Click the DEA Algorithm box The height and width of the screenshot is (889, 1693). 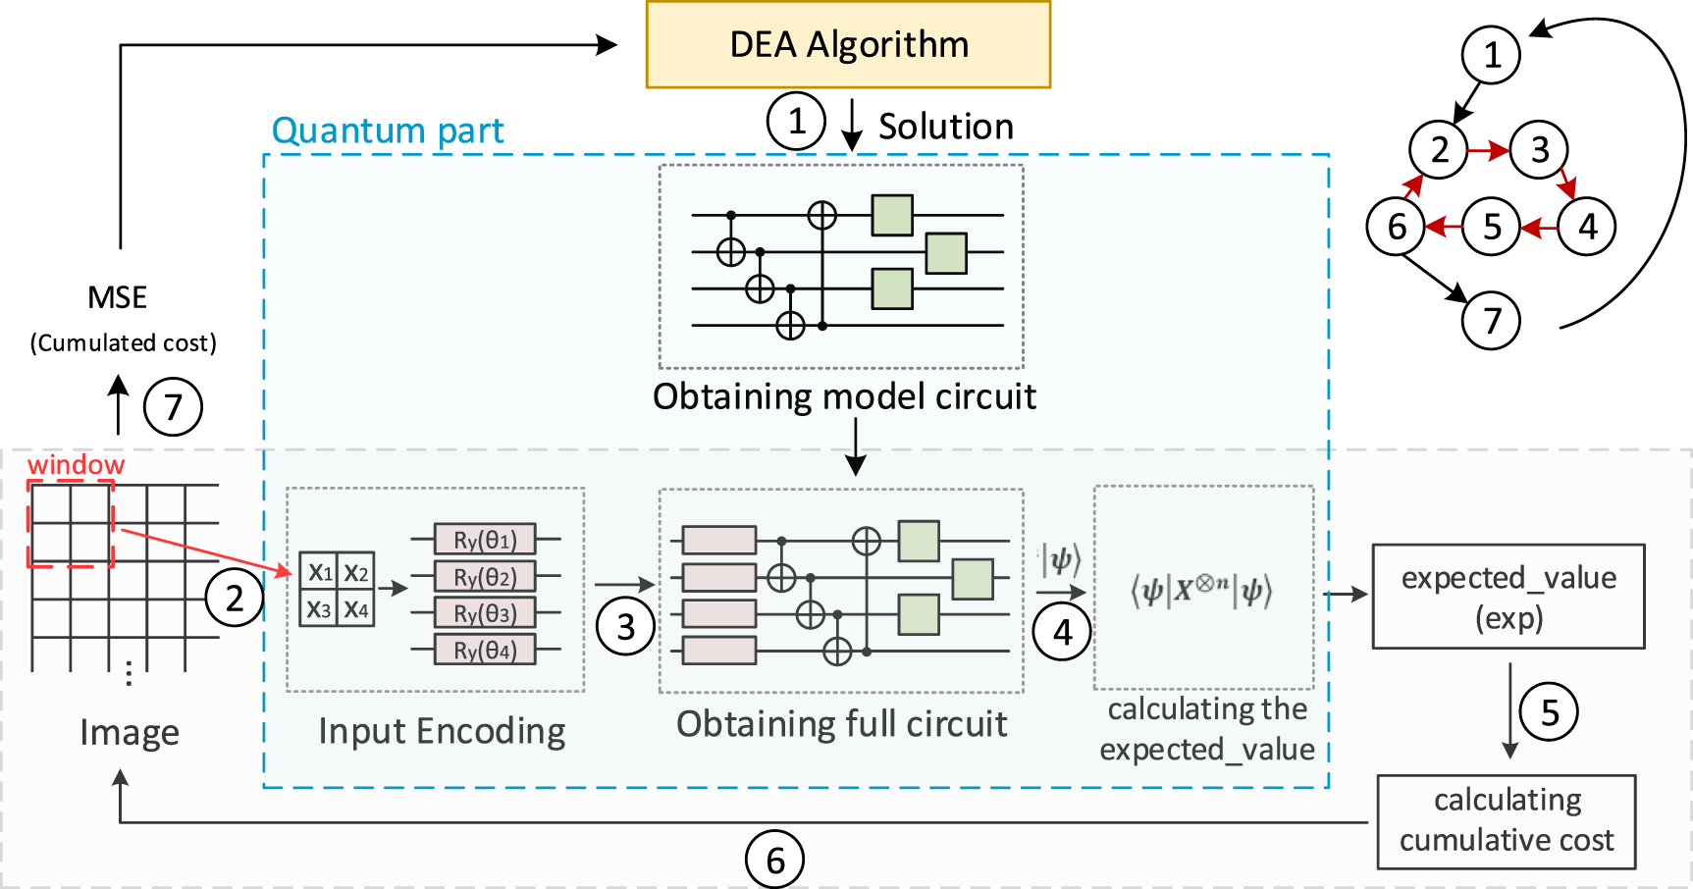848,45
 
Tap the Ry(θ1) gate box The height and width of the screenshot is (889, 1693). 485,540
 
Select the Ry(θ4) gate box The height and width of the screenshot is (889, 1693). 485,650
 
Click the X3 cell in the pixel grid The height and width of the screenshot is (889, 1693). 318,609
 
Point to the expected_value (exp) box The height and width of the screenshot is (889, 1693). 1508,597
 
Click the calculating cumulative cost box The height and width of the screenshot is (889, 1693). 1506,821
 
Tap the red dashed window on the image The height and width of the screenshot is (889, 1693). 71,524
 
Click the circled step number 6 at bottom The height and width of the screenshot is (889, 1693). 774,860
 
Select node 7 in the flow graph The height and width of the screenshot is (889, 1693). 1491,320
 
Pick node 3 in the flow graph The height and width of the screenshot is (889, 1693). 1539,150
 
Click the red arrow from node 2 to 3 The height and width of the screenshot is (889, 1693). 1488,150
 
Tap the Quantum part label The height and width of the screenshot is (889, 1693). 387,131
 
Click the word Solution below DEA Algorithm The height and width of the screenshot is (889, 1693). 945,127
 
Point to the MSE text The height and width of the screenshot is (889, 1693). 117,297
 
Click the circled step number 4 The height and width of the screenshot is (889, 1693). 1062,632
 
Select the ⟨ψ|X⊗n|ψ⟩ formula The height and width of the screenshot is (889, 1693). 1201,591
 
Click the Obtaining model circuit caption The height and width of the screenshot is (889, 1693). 844,396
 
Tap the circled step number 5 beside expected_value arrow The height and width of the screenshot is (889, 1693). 1549,711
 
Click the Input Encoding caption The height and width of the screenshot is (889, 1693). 442,731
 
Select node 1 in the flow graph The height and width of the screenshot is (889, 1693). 1491,55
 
